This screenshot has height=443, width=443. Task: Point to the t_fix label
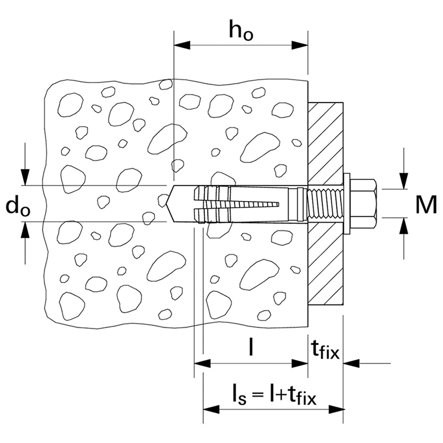pos(324,350)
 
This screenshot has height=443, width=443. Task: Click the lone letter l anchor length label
pos(251,348)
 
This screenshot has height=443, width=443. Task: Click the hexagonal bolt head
pos(367,203)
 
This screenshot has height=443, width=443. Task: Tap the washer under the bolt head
pos(349,203)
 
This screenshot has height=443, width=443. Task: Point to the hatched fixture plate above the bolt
pos(326,138)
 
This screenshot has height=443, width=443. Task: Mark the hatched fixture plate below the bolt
pos(326,266)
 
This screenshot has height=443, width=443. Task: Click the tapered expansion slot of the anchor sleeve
pos(260,203)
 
